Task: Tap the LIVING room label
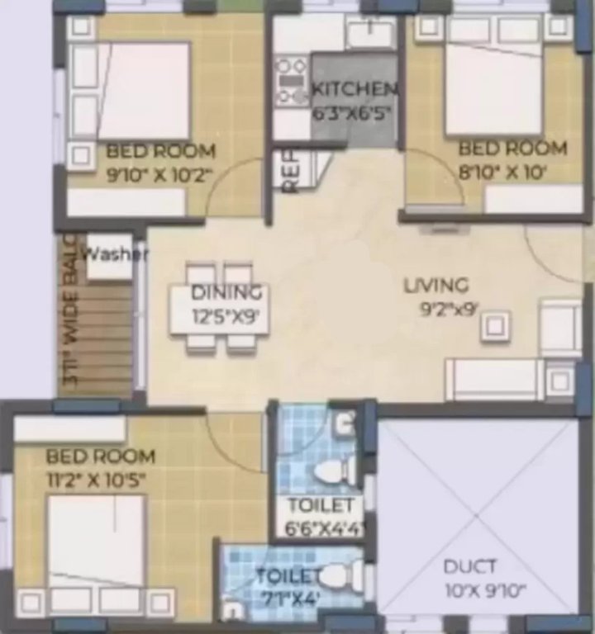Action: pos(436,286)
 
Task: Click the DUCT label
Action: pos(469,566)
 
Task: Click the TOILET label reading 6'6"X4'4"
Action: pos(320,505)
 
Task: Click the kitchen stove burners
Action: pos(291,80)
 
